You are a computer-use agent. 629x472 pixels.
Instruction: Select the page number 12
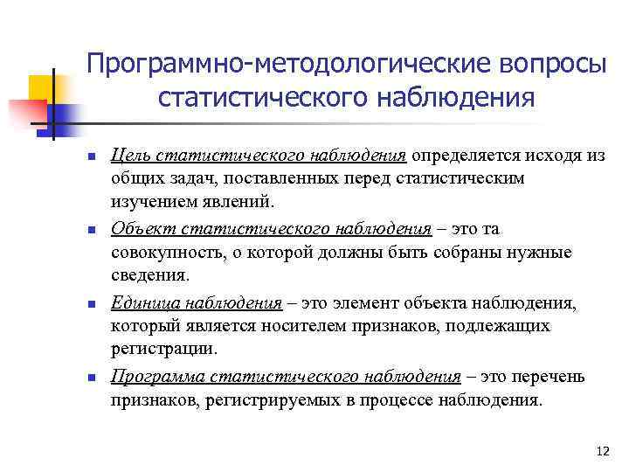(602, 451)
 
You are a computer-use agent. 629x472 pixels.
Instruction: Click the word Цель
(129, 156)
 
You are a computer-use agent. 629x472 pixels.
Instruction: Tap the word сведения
(149, 277)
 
